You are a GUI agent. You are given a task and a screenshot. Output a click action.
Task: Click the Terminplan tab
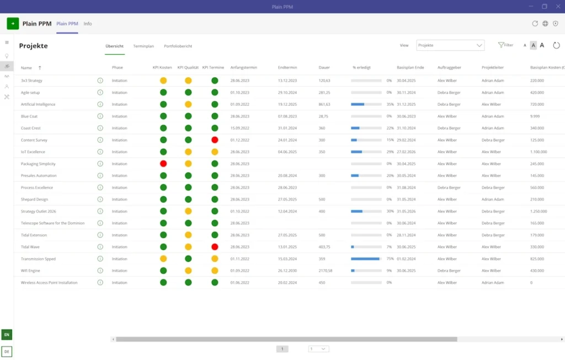point(143,46)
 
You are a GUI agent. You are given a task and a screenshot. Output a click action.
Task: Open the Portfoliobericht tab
point(178,46)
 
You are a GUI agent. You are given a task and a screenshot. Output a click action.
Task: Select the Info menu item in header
point(88,24)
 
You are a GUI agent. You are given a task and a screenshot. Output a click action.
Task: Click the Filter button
point(505,45)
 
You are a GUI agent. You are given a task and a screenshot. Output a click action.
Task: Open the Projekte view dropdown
point(450,45)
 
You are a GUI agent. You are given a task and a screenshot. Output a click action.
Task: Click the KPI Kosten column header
point(162,67)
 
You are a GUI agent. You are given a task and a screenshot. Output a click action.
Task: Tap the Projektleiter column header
point(493,67)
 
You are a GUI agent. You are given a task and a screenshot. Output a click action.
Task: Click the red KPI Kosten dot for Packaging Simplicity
point(163,164)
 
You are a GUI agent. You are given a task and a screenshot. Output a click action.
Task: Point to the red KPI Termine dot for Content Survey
point(215,140)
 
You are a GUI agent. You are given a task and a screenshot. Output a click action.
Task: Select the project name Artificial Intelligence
point(38,104)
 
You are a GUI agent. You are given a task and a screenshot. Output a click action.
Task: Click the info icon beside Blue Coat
point(100,116)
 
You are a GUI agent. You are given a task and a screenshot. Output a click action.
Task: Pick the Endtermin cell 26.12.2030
point(287,271)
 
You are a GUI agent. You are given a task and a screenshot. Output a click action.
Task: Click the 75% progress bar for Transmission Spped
point(366,259)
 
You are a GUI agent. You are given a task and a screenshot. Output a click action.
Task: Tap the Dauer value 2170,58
point(326,271)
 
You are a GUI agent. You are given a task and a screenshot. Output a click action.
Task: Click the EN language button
point(7,335)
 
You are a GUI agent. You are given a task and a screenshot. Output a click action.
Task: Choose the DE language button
point(7,351)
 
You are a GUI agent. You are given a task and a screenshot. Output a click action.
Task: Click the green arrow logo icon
point(13,24)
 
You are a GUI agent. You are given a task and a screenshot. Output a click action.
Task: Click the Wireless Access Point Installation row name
point(49,282)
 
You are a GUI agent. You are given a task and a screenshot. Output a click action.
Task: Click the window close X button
point(557,7)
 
